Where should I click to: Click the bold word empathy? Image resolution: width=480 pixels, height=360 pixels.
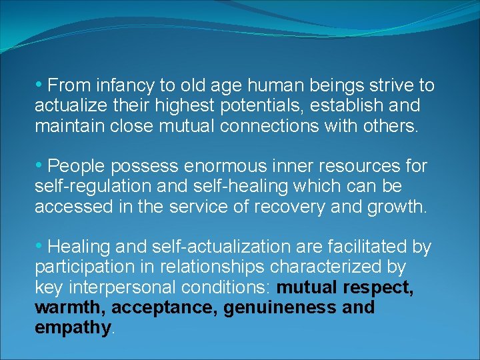73,328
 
